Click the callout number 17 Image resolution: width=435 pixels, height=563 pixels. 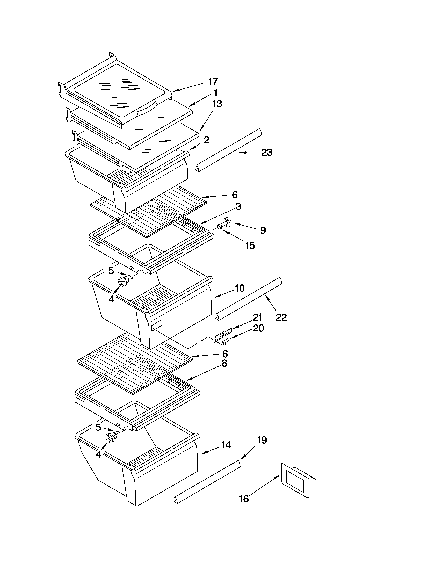[213, 82]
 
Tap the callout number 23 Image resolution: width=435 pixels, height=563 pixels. [267, 153]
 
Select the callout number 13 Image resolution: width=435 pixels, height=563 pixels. [217, 104]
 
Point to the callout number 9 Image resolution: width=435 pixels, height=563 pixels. [263, 230]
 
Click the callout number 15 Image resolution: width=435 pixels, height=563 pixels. [250, 246]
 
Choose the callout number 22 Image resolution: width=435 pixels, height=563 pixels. [281, 317]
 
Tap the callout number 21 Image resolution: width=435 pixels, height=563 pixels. [257, 317]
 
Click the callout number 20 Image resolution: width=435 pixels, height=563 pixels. [258, 328]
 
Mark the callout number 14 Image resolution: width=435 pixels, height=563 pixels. [226, 445]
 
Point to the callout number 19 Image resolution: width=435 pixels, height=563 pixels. [262, 440]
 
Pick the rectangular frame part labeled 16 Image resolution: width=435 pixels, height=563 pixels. [296, 480]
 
